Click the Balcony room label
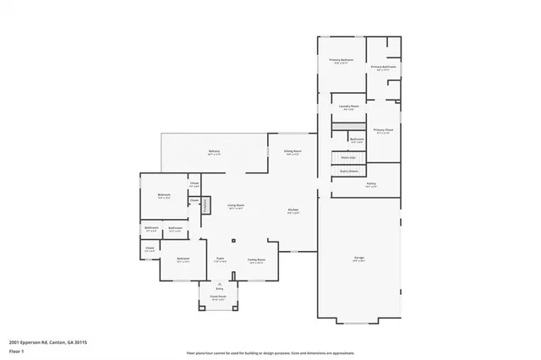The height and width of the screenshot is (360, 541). click(x=215, y=151)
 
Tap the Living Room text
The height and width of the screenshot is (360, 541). click(x=236, y=205)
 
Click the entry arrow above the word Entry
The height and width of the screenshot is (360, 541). click(x=219, y=285)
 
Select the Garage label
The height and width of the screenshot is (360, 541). click(x=359, y=259)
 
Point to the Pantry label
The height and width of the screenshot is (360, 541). click(x=371, y=183)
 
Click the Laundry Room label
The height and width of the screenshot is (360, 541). click(x=349, y=106)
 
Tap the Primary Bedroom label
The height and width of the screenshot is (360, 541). click(x=341, y=60)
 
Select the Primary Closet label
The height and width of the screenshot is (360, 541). click(x=383, y=130)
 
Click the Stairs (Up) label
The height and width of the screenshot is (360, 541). click(x=347, y=157)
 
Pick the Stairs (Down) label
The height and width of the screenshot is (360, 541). click(x=347, y=171)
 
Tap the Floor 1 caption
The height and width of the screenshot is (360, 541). click(x=16, y=351)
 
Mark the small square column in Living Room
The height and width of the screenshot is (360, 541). click(x=233, y=241)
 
